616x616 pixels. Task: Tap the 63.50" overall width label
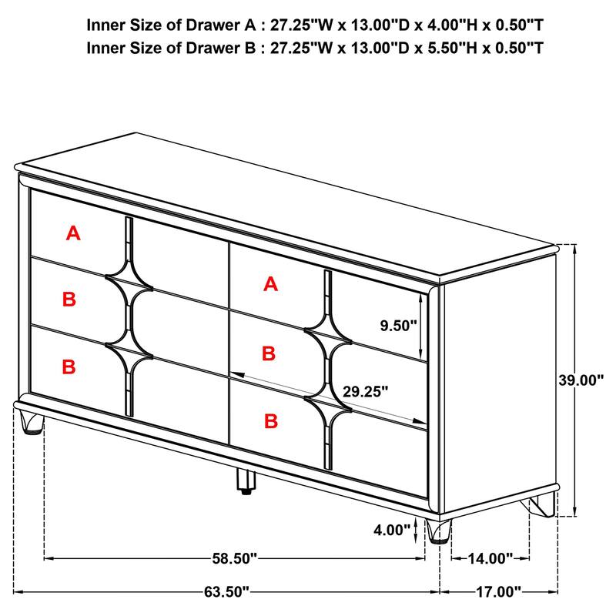click(227, 592)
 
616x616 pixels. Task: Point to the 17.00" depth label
click(497, 592)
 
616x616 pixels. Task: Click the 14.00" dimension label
click(490, 557)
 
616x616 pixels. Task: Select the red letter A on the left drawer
click(73, 233)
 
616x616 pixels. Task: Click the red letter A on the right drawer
click(269, 284)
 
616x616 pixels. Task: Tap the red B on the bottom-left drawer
click(69, 367)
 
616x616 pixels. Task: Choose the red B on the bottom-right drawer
click(270, 420)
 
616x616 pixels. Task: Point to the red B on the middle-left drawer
click(69, 299)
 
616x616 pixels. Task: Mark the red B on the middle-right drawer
click(268, 353)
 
